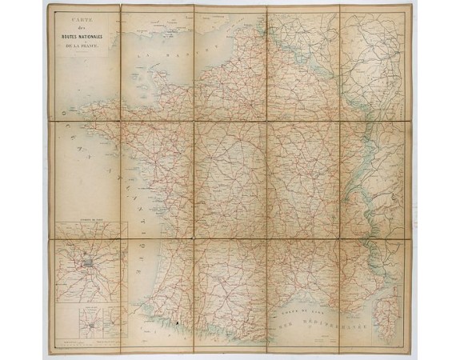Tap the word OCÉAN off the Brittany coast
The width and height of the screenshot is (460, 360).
[x=73, y=144]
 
